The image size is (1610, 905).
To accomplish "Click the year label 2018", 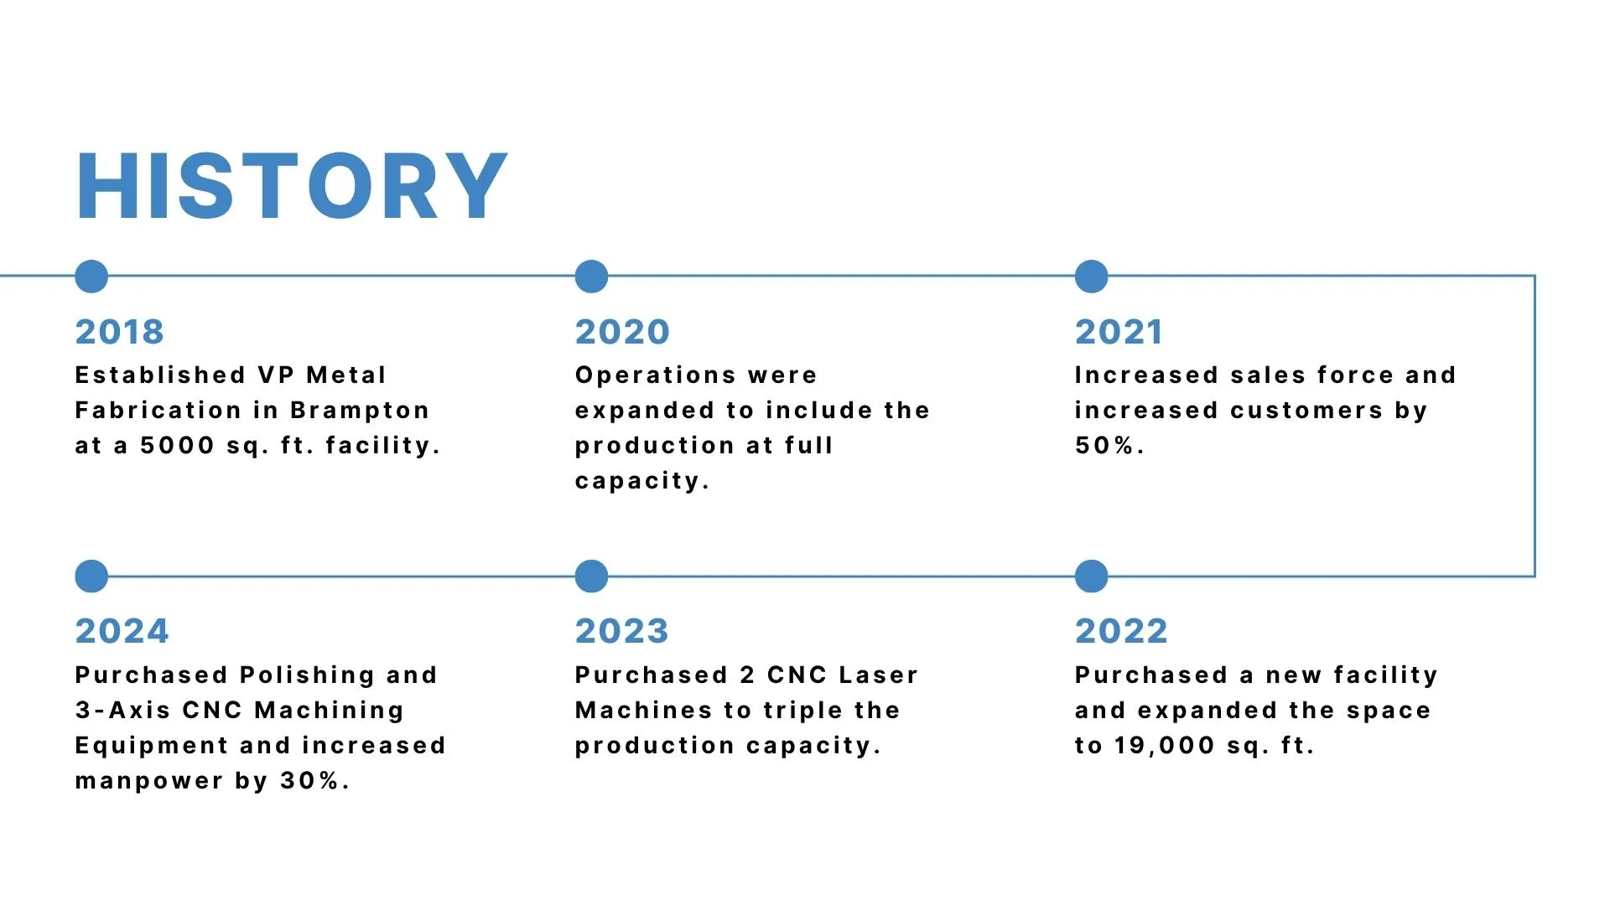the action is tap(119, 332).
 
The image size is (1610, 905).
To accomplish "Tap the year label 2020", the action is tap(622, 332).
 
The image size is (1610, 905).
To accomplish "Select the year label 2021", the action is tap(1119, 332).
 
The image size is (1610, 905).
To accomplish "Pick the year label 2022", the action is tap(1121, 631).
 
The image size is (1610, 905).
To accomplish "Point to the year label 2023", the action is tap(621, 631).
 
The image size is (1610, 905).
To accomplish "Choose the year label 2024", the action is tap(122, 631).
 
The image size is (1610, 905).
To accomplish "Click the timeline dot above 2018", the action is tap(91, 277).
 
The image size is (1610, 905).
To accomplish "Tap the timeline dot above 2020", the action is tap(591, 277).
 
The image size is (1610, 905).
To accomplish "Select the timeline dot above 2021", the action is tap(1091, 277).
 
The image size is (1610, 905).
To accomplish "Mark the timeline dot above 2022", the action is tap(1091, 577).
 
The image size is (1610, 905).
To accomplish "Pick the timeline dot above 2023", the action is tap(591, 577).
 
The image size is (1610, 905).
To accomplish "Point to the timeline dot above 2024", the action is tap(91, 577).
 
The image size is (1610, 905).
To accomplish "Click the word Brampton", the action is tap(360, 411).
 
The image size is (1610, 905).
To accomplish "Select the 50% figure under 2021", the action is tap(1109, 445).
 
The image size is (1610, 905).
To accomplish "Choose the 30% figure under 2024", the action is tap(314, 781).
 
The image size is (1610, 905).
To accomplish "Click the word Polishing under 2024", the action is tap(307, 676).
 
